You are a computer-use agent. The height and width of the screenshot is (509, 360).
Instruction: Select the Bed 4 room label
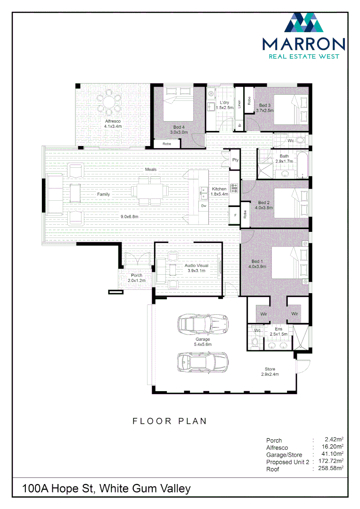(179, 127)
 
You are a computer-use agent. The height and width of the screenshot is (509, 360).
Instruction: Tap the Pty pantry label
(235, 160)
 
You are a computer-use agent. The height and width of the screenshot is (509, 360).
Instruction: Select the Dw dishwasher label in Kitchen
(204, 206)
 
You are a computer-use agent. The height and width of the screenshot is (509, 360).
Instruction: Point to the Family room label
(104, 194)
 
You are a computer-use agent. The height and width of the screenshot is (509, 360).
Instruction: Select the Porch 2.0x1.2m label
(137, 278)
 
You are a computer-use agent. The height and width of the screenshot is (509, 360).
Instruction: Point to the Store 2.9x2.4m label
(270, 372)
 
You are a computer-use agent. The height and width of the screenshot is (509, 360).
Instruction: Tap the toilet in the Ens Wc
(255, 344)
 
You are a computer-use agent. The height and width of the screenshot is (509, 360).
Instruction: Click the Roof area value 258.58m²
(330, 469)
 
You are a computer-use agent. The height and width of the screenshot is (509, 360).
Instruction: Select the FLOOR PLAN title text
(170, 421)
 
